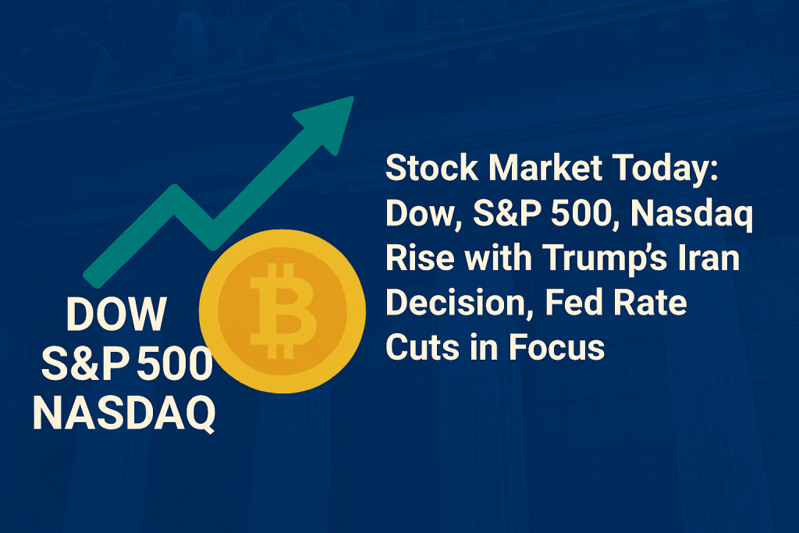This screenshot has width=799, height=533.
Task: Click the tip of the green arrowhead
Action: click(x=353, y=97)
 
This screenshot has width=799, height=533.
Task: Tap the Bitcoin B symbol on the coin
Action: click(x=282, y=311)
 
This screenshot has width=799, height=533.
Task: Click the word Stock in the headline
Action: click(x=432, y=168)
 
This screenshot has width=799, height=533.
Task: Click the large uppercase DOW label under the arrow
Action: click(x=116, y=314)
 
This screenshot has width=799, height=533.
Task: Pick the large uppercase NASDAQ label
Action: click(x=124, y=414)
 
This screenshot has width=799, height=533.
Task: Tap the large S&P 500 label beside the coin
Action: click(x=127, y=364)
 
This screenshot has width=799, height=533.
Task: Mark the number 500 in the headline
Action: click(x=581, y=213)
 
